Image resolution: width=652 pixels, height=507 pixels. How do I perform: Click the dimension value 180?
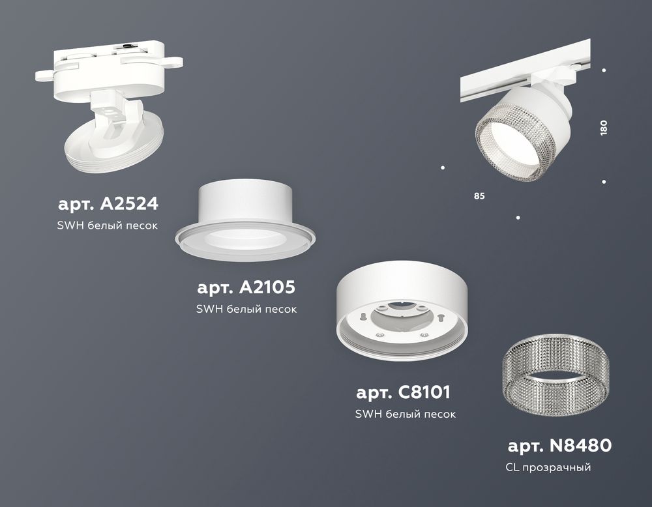(x=604, y=127)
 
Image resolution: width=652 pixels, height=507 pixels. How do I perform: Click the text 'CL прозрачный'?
(x=548, y=467)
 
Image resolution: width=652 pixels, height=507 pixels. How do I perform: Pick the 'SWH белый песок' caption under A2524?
(x=108, y=225)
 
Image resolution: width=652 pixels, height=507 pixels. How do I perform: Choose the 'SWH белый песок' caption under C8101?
(x=405, y=414)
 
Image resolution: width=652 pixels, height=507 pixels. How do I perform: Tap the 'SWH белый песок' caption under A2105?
(x=246, y=309)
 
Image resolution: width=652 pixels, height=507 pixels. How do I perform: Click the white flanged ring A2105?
(x=244, y=218)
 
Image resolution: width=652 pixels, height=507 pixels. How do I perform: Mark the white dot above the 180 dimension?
(x=604, y=70)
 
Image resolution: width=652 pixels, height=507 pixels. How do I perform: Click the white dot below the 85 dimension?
(x=518, y=217)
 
